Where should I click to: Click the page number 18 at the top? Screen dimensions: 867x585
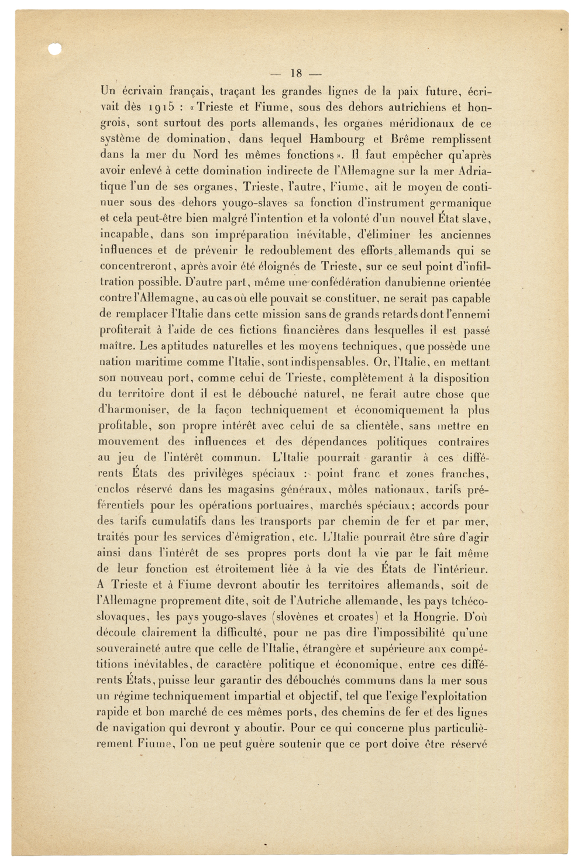(296, 74)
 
